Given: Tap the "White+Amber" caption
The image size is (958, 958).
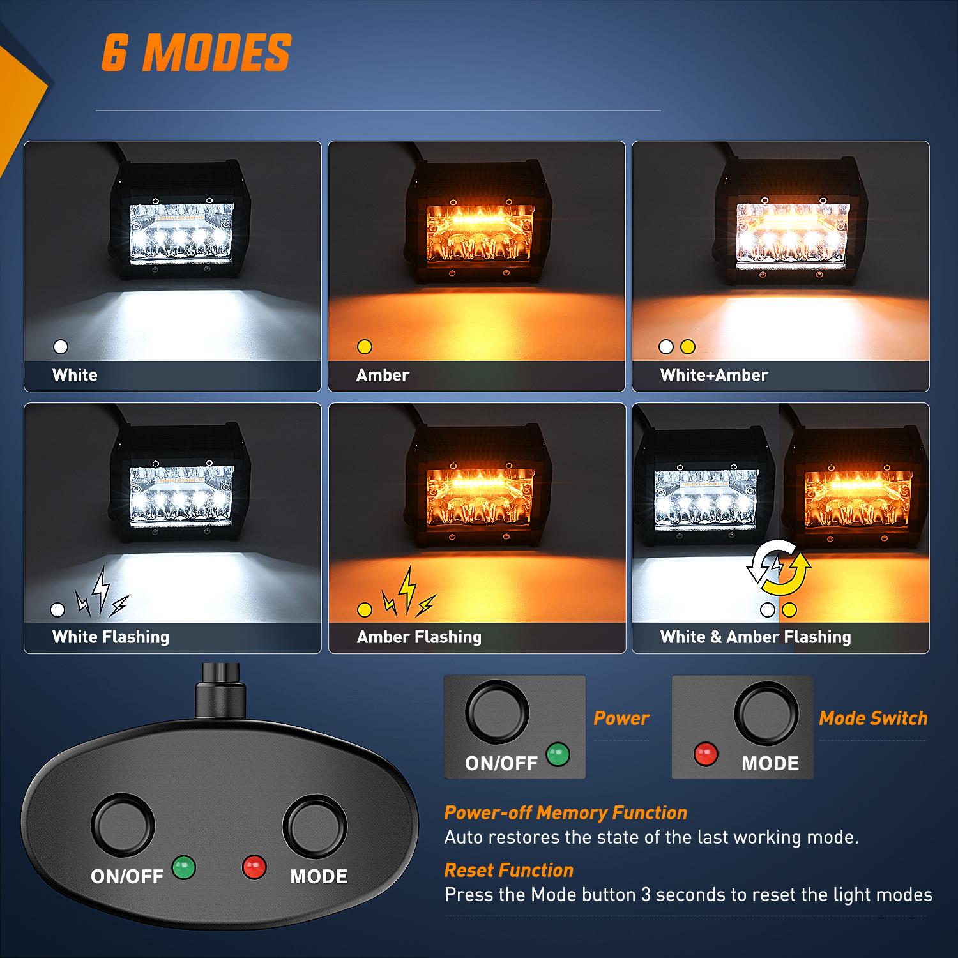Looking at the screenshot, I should [713, 375].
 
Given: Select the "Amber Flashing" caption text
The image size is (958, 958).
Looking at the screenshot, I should [419, 637].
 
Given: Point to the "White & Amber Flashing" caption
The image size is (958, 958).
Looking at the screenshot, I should [755, 637].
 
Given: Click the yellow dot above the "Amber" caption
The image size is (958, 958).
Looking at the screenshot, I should [365, 347].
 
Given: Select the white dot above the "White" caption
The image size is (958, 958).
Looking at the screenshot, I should [61, 347].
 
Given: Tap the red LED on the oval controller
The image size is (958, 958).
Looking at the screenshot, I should [254, 867].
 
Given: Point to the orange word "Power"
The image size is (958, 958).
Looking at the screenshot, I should [621, 718].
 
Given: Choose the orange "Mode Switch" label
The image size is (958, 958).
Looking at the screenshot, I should [872, 718].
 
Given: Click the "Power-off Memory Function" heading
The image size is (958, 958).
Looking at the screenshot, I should [565, 812].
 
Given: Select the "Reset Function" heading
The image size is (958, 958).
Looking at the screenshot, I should [508, 870].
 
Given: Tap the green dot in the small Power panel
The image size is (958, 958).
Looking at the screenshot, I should [558, 754].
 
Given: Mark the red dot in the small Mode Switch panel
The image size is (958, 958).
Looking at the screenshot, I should [706, 754].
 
